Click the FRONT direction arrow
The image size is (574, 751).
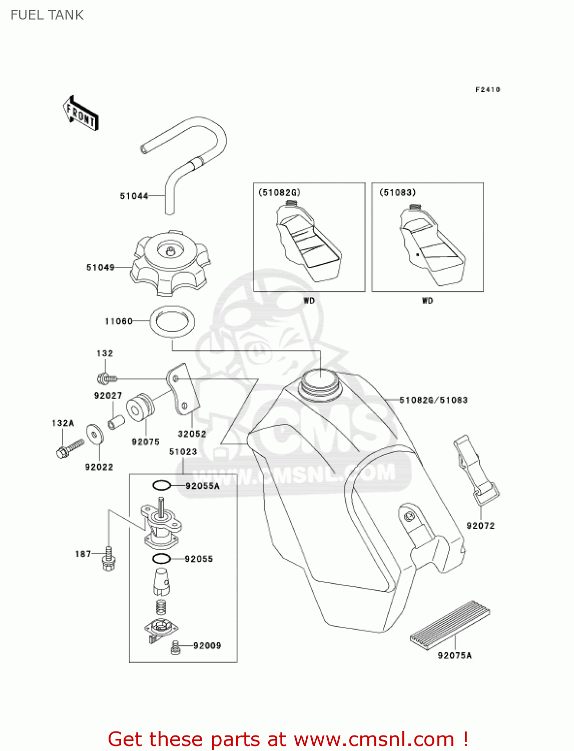(81, 114)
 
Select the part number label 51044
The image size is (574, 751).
(134, 196)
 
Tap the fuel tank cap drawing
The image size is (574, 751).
(170, 263)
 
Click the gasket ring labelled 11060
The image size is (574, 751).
(172, 321)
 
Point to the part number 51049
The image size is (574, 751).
(100, 267)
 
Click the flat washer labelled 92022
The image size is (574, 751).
(94, 434)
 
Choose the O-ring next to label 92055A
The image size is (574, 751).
(162, 485)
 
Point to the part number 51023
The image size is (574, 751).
(183, 452)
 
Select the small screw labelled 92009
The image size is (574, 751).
(175, 647)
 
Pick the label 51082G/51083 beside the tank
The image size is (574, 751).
(433, 400)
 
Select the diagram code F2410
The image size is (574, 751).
(487, 90)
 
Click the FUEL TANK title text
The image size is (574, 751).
(47, 15)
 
